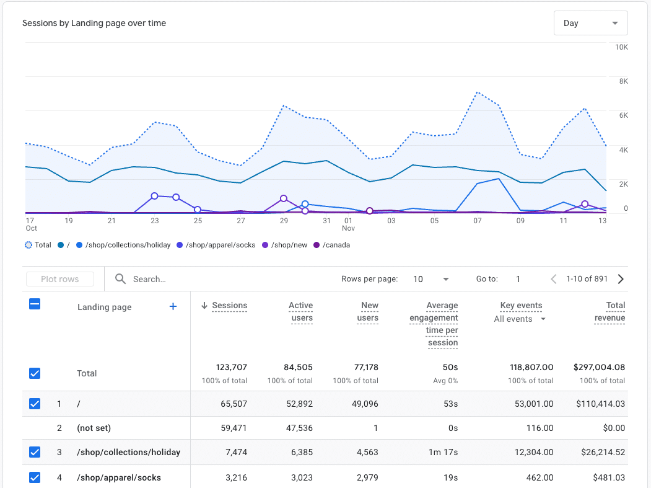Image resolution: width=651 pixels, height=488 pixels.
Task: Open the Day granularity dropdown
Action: click(590, 23)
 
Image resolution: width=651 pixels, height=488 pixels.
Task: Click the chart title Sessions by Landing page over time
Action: click(94, 23)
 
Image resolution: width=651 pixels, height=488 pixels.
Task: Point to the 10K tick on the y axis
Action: click(621, 48)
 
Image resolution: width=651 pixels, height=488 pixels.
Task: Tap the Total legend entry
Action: click(38, 245)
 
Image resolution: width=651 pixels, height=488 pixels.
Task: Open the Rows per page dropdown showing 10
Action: click(431, 279)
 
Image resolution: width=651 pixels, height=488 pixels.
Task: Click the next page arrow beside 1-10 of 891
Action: click(621, 279)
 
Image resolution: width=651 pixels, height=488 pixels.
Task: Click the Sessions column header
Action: click(229, 305)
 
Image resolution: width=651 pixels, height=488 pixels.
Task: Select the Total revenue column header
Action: click(615, 311)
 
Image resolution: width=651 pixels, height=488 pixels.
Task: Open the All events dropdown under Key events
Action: click(520, 319)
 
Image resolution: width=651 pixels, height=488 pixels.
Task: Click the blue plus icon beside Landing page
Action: click(173, 306)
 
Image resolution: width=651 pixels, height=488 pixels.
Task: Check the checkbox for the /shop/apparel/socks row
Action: click(35, 477)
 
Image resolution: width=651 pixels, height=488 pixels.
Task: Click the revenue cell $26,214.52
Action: click(600, 452)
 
